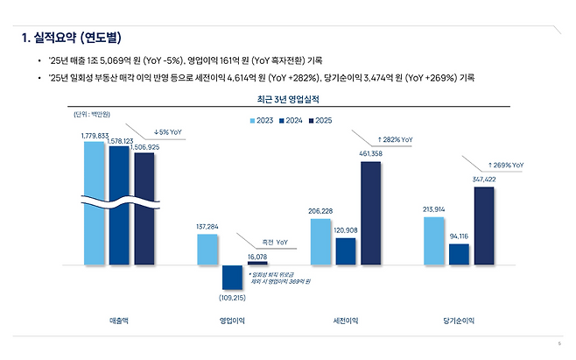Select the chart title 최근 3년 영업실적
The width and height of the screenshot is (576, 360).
point(288,101)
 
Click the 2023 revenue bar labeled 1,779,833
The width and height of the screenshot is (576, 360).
point(95,201)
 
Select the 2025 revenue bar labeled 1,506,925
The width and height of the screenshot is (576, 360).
point(144,207)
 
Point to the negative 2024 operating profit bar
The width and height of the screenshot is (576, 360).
point(232,277)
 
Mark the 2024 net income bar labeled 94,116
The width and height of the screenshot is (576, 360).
point(459,253)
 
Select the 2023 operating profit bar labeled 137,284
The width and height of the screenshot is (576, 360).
point(207,249)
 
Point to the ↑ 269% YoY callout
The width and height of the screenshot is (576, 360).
point(505,164)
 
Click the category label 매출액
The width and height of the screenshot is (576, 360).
point(119,321)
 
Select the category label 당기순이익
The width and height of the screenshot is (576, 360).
point(459,321)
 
